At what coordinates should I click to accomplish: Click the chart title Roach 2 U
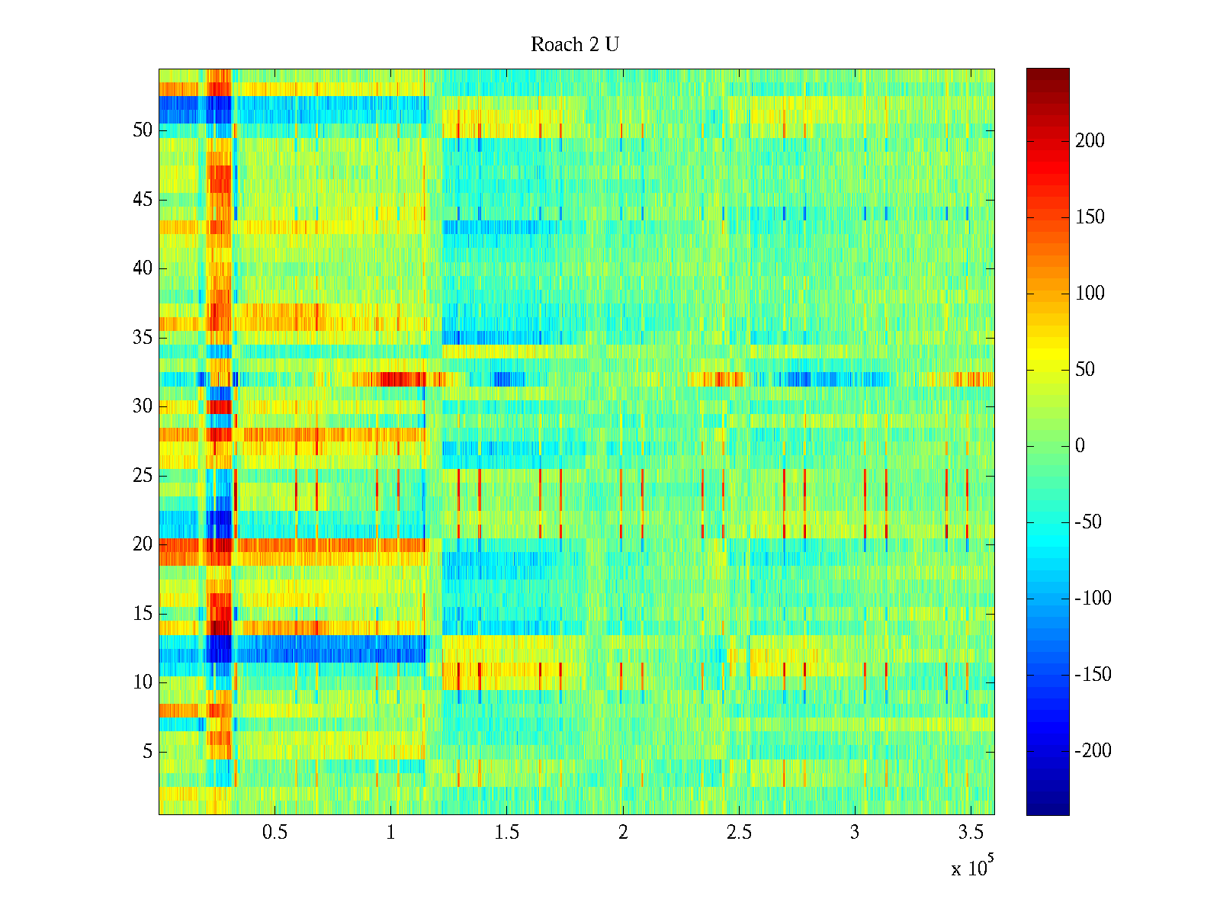(x=575, y=45)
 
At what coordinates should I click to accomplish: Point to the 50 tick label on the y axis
(x=143, y=130)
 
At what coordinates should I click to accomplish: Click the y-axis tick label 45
(x=143, y=200)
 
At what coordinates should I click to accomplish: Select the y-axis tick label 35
(x=143, y=338)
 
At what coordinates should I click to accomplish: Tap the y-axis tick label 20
(x=143, y=544)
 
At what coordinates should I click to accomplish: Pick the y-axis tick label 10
(x=143, y=682)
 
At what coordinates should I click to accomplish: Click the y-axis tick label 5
(x=147, y=752)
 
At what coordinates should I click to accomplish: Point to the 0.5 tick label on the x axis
(x=274, y=833)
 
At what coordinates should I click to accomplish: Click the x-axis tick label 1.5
(x=506, y=833)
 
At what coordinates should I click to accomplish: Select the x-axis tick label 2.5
(x=738, y=833)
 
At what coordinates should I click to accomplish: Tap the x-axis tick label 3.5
(x=970, y=833)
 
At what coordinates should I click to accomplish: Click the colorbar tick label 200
(x=1090, y=141)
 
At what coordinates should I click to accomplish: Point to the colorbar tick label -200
(x=1093, y=751)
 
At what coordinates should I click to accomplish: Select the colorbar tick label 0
(x=1080, y=446)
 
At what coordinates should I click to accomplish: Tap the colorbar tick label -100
(x=1093, y=599)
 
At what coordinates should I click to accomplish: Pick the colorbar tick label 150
(x=1090, y=217)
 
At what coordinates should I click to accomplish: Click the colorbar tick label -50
(x=1088, y=522)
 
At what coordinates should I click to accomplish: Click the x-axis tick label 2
(x=623, y=833)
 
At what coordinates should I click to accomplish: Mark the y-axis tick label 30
(x=143, y=406)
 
